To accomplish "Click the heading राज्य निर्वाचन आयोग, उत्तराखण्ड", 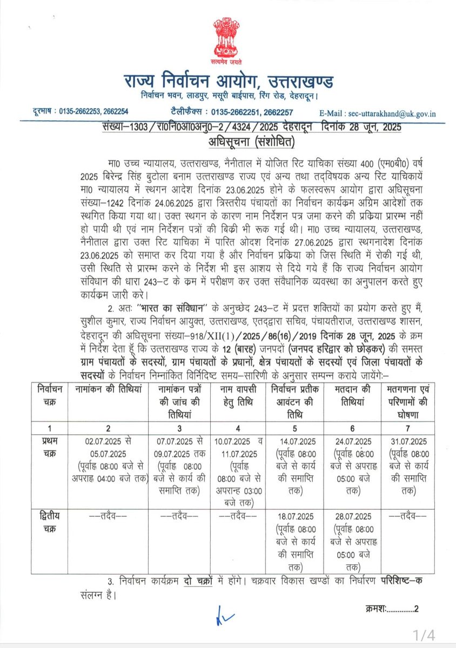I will pyautogui.click(x=228, y=83).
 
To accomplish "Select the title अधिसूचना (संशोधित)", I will pyautogui.click(x=228, y=143).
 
